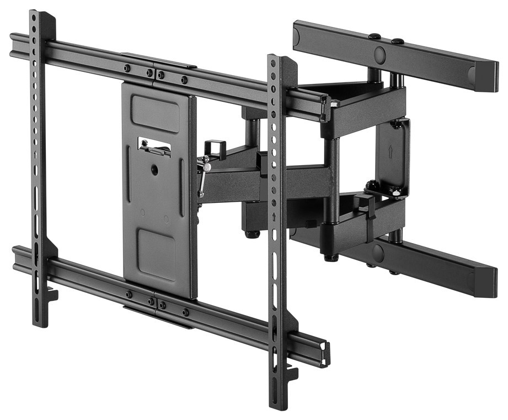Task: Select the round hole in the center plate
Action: pyautogui.click(x=154, y=170)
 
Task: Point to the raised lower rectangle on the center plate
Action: pyautogui.click(x=156, y=253)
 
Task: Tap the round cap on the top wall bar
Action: pyautogui.click(x=379, y=54)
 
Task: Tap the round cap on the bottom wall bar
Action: pyautogui.click(x=378, y=253)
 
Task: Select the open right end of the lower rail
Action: pyautogui.click(x=326, y=354)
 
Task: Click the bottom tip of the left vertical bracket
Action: pyautogui.click(x=38, y=323)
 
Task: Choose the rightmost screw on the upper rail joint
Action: pyautogui.click(x=184, y=80)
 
